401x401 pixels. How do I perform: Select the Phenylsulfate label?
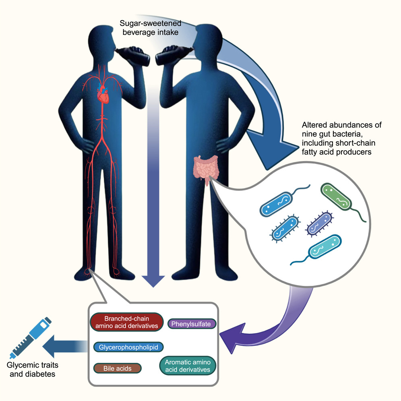(x=192, y=324)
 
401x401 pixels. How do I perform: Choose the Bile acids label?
(x=118, y=368)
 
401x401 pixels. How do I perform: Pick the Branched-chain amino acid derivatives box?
(x=126, y=322)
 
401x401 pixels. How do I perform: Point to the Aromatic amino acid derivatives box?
(x=188, y=366)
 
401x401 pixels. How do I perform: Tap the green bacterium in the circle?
(x=336, y=198)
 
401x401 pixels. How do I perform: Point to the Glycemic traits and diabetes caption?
(x=31, y=370)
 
